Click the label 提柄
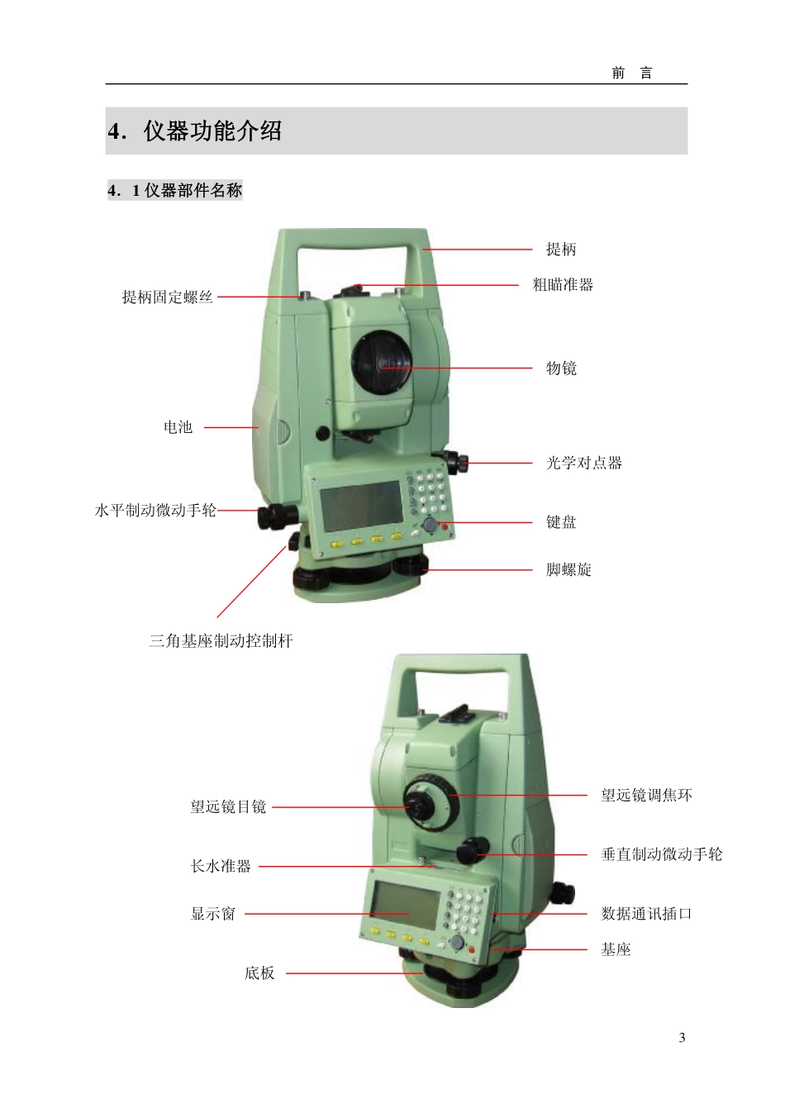coord(561,250)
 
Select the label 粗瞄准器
coord(563,285)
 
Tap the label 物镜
coord(561,368)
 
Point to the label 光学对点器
coord(583,463)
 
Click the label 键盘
coord(561,522)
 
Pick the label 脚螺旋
coord(569,570)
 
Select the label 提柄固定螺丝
coord(167,297)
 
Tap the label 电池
coord(178,427)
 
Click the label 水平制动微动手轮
coord(155,511)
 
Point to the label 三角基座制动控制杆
coord(221,641)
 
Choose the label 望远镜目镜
coord(228,807)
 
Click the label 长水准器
coord(221,867)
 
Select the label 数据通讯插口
coord(646,914)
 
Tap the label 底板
coord(259,973)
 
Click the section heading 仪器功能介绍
coord(212,131)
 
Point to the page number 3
coord(682,1038)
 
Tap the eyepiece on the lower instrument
coord(420,807)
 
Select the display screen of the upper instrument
coord(362,506)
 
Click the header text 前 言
coord(632,74)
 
